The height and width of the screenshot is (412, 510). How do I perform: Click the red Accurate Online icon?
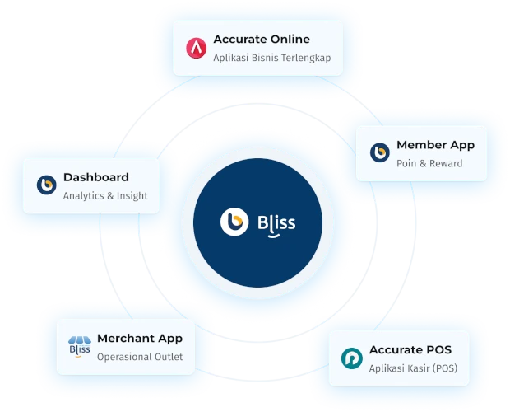tap(196, 48)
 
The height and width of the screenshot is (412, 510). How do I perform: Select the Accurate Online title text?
tap(262, 39)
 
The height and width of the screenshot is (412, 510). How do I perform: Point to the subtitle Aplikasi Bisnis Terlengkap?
tap(272, 58)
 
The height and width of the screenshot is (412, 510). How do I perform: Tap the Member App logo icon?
tap(379, 152)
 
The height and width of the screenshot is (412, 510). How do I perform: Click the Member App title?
tap(435, 145)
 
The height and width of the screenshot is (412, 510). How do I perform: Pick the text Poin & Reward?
tap(429, 163)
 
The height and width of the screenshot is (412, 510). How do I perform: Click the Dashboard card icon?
tap(47, 185)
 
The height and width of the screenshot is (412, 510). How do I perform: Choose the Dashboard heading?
tap(96, 177)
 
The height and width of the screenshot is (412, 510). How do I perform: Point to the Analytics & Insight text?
tap(105, 196)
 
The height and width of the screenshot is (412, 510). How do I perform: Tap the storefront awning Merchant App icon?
tap(80, 347)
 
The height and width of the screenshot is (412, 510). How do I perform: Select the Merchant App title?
tap(140, 339)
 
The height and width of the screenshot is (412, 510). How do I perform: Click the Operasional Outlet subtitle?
tap(140, 357)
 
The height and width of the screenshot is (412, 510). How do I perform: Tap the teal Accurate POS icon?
tap(351, 358)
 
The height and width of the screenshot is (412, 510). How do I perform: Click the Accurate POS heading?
tap(410, 350)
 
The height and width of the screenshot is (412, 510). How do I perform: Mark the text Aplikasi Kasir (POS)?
tap(413, 368)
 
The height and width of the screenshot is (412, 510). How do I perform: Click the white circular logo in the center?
tap(234, 222)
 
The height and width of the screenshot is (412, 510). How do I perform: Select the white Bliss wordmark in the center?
tap(276, 224)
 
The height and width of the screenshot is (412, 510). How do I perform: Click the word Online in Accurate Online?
tap(290, 39)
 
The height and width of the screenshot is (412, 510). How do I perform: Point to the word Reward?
tap(446, 163)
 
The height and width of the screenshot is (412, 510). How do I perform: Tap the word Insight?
tap(132, 196)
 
